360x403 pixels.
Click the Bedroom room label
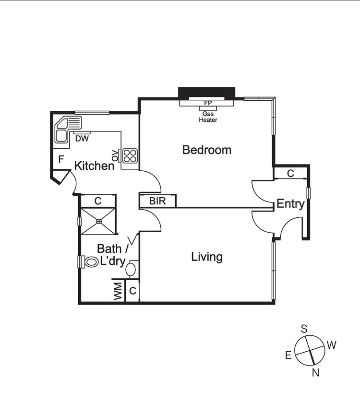pyautogui.click(x=206, y=150)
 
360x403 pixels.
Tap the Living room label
pyautogui.click(x=207, y=257)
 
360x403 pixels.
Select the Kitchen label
pyautogui.click(x=94, y=166)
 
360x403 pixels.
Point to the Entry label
pyautogui.click(x=290, y=204)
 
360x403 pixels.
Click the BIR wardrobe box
pyautogui.click(x=157, y=201)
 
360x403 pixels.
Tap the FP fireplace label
pyautogui.click(x=208, y=103)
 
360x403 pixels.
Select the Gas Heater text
pyautogui.click(x=208, y=117)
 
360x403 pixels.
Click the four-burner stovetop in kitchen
pyautogui.click(x=130, y=155)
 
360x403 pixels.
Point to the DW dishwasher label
pyautogui.click(x=81, y=139)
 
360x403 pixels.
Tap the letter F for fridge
pyautogui.click(x=61, y=159)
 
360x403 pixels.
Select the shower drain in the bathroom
pyautogui.click(x=98, y=221)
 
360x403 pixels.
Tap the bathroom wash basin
pyautogui.click(x=132, y=269)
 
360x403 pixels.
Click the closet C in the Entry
pyautogui.click(x=290, y=173)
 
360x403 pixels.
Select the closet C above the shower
pyautogui.click(x=97, y=201)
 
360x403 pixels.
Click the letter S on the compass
pyautogui.click(x=304, y=329)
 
